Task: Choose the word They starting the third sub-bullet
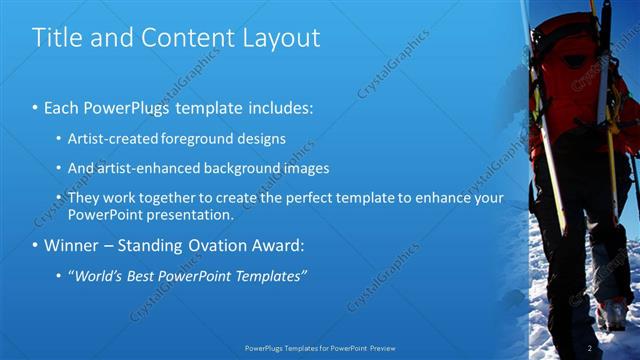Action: (x=83, y=198)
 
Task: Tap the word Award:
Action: (x=288, y=245)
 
